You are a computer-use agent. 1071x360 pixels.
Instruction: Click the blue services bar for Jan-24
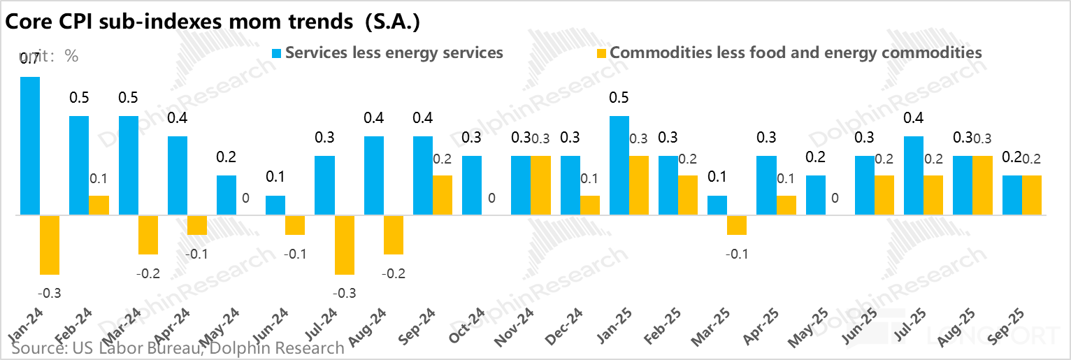click(x=30, y=145)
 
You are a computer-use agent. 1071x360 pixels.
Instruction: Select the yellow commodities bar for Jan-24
click(x=50, y=245)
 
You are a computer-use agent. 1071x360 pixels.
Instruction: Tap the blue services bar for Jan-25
click(x=619, y=165)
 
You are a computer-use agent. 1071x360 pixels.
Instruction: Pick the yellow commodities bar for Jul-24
click(x=345, y=245)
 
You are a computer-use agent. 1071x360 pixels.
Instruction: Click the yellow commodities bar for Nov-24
click(x=540, y=185)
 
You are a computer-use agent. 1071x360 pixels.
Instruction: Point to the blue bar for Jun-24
click(x=275, y=205)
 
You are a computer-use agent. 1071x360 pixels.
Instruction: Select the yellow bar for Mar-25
click(x=737, y=225)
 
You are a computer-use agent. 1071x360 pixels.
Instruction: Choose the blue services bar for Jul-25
click(x=914, y=175)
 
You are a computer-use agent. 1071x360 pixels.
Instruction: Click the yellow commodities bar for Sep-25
click(x=1032, y=195)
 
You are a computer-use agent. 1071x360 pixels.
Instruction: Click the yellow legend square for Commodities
click(x=601, y=53)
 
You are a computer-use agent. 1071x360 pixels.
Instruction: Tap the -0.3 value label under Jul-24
click(x=345, y=293)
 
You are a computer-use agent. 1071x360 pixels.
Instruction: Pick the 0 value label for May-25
click(x=835, y=198)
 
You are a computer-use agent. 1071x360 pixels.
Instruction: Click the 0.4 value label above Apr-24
click(x=177, y=118)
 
